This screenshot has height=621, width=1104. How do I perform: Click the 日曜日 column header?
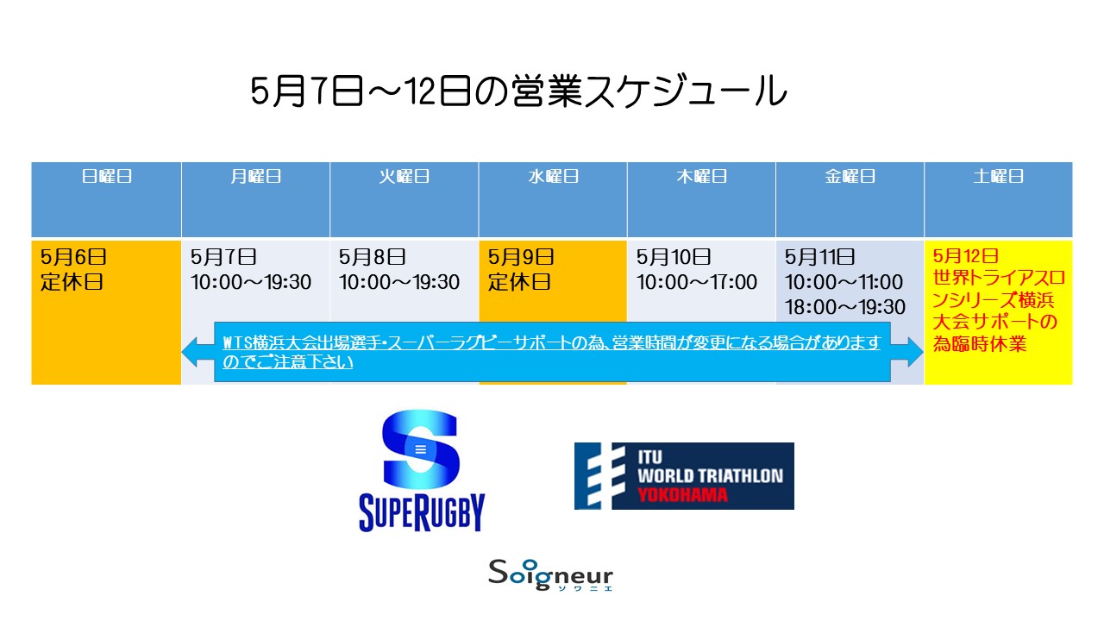pyautogui.click(x=106, y=176)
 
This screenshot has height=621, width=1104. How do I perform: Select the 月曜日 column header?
pyautogui.click(x=256, y=176)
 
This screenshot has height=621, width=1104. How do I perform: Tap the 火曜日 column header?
pyautogui.click(x=405, y=176)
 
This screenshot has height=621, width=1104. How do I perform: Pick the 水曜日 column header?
pyautogui.click(x=553, y=176)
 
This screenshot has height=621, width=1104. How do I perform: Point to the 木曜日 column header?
pyautogui.click(x=701, y=176)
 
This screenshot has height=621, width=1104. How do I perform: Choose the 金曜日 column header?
pyautogui.click(x=850, y=176)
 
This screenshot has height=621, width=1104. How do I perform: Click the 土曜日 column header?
pyautogui.click(x=999, y=176)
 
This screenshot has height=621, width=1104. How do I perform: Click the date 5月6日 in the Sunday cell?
pyautogui.click(x=73, y=257)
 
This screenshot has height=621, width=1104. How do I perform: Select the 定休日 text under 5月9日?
pyautogui.click(x=519, y=282)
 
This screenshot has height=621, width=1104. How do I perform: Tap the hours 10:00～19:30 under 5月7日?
pyautogui.click(x=251, y=282)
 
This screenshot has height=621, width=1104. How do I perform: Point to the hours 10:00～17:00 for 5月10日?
pyautogui.click(x=696, y=282)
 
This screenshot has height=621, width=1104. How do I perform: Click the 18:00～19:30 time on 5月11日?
pyautogui.click(x=844, y=307)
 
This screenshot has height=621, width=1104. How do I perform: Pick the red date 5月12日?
pyautogui.click(x=965, y=256)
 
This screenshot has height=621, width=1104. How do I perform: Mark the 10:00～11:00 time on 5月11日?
pyautogui.click(x=844, y=282)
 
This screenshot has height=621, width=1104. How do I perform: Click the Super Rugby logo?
pyautogui.click(x=422, y=470)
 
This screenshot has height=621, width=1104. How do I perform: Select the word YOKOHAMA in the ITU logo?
pyautogui.click(x=682, y=494)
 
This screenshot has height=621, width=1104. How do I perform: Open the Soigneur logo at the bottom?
pyautogui.click(x=550, y=575)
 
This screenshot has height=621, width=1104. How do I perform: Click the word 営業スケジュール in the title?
pyautogui.click(x=649, y=91)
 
